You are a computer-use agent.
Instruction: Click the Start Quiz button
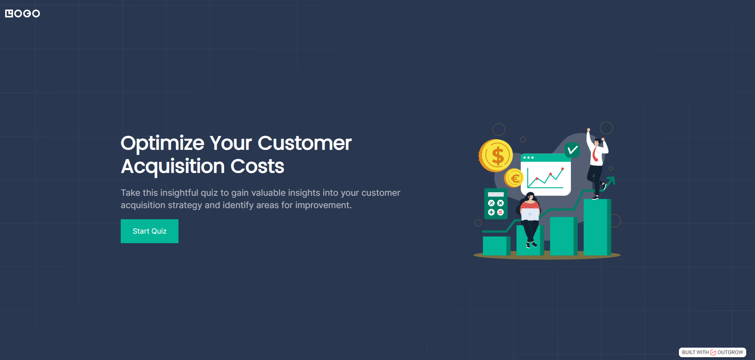point(149,231)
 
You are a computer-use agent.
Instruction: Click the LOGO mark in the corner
point(22,14)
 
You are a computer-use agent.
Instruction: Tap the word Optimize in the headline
point(163,144)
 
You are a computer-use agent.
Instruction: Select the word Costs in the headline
point(257,166)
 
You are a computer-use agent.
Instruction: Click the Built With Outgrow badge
point(712,352)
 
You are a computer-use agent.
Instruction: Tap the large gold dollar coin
point(496,155)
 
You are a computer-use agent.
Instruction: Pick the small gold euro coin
point(514,178)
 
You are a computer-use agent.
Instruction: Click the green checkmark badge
point(572,150)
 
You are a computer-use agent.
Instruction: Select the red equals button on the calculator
point(500,212)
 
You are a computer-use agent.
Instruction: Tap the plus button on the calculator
point(491,212)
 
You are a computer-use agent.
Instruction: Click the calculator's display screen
point(496,195)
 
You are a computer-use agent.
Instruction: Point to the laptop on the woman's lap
point(530,214)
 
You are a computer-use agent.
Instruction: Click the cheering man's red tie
point(595,155)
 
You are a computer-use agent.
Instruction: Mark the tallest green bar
point(597,227)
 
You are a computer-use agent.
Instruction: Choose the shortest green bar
point(496,246)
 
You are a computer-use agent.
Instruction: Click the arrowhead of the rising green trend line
point(611,181)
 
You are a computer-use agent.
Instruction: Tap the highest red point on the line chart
point(563,169)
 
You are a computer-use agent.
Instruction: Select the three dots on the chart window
point(528,157)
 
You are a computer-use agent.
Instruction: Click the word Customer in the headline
point(304,144)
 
